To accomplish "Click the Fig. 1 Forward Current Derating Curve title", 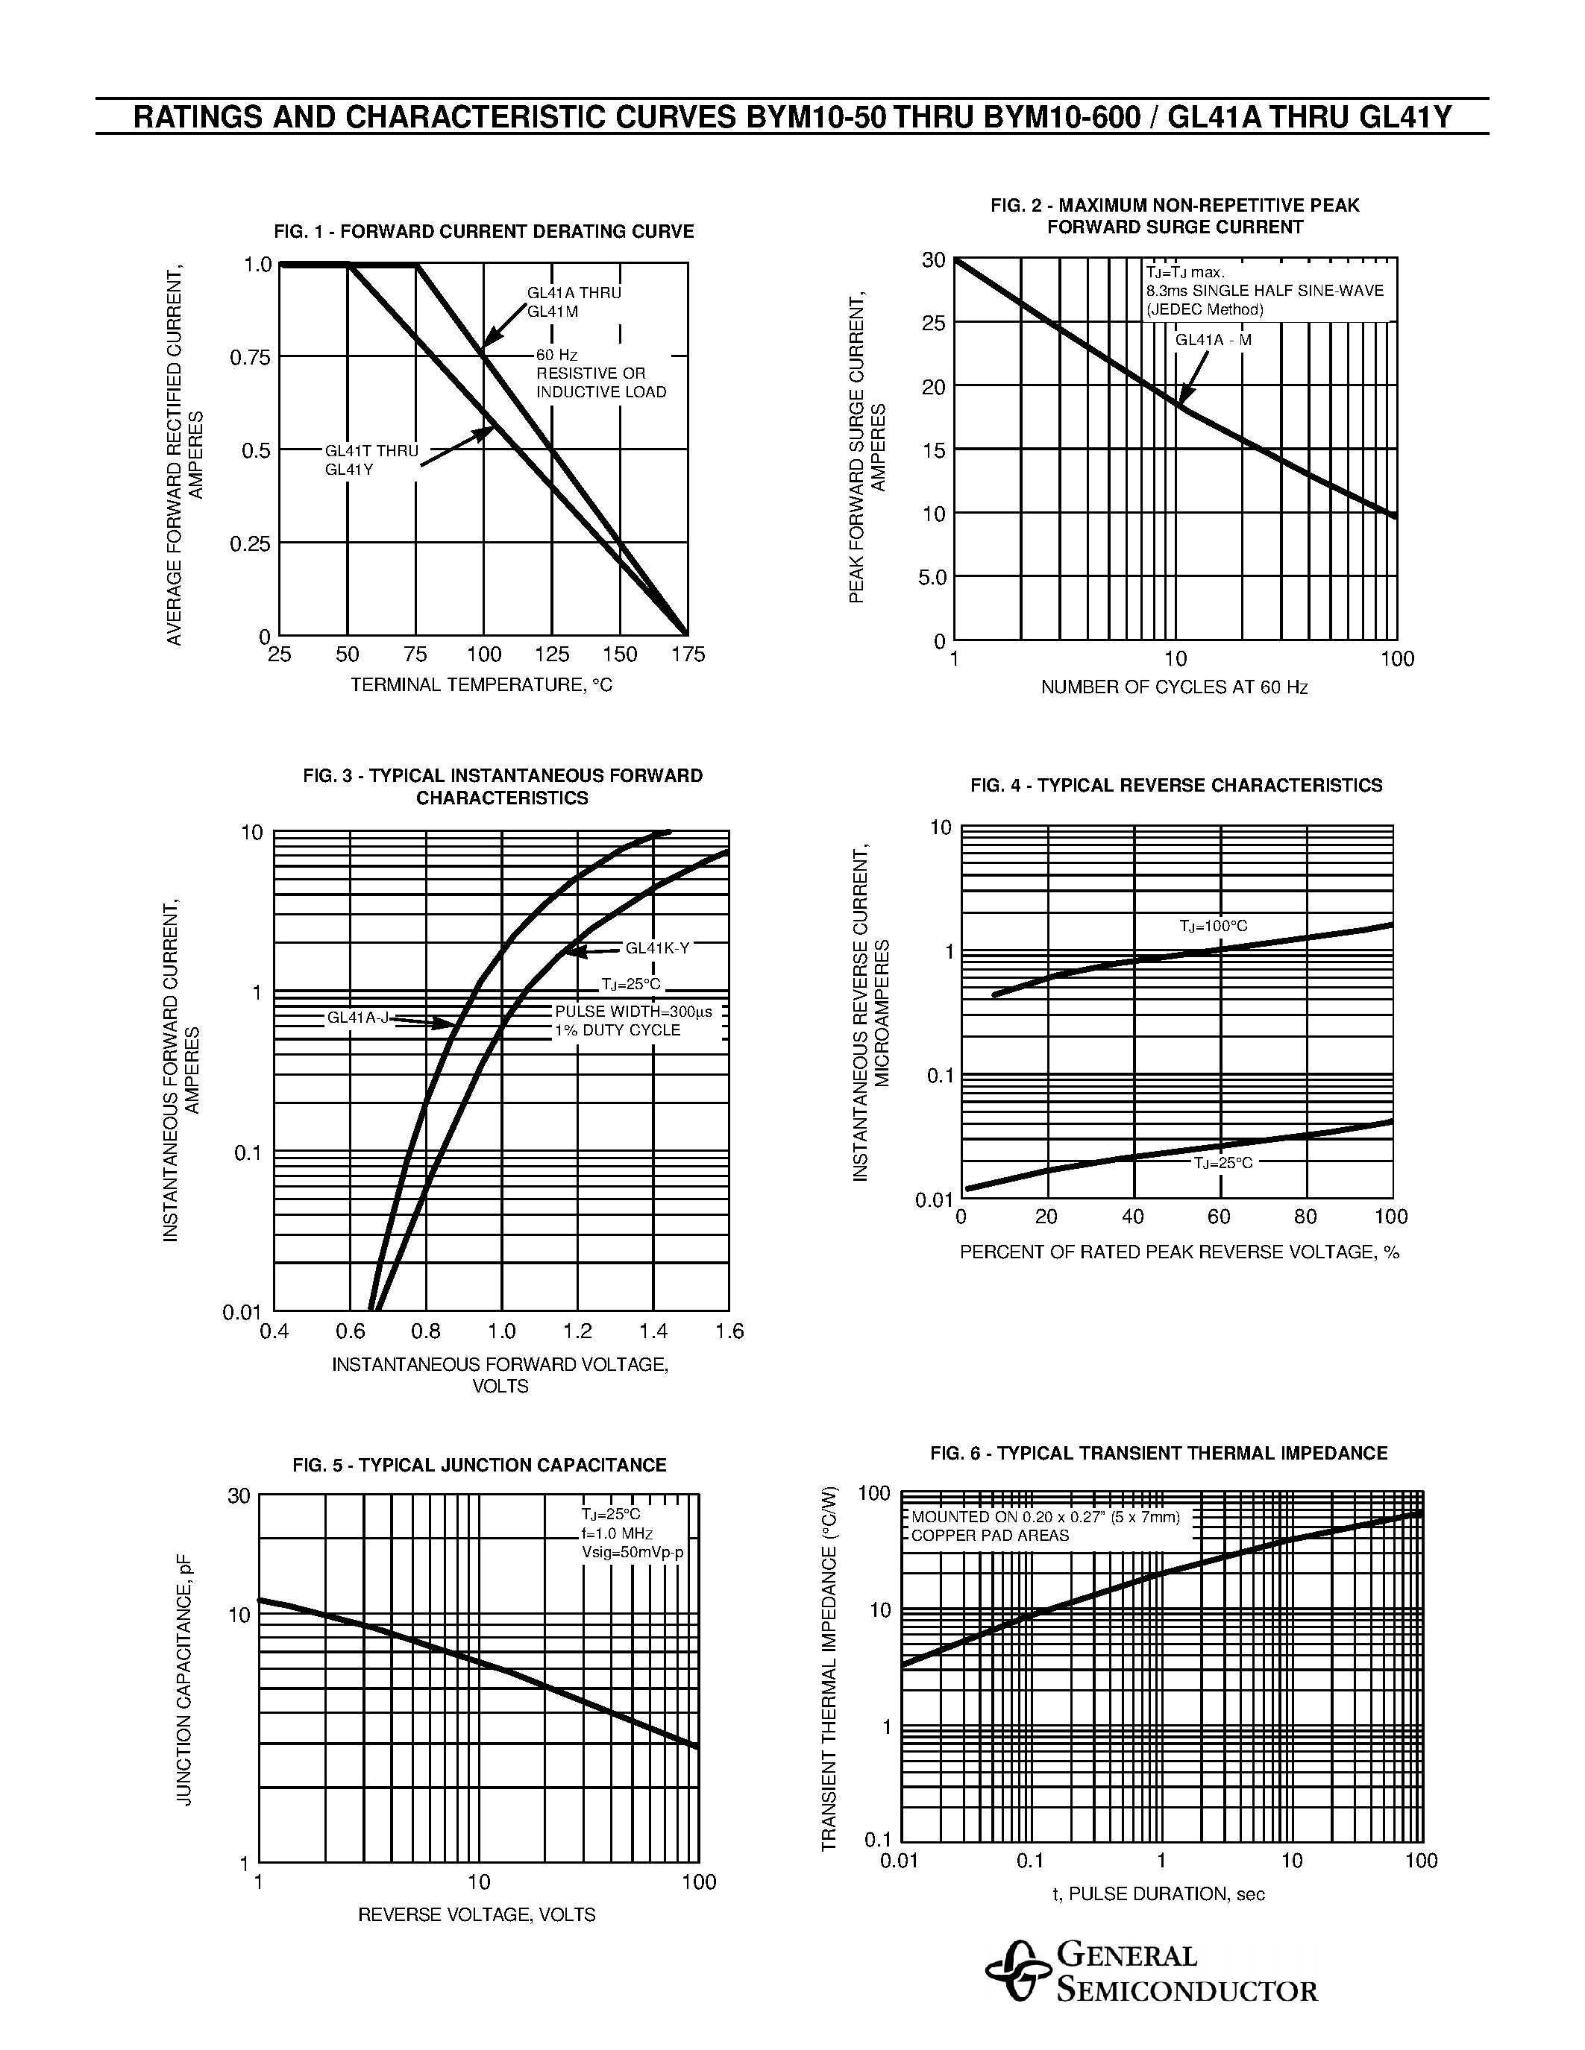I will pos(483,232).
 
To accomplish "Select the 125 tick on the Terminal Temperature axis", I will pos(552,655).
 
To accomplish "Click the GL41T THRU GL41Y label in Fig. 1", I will pos(371,460).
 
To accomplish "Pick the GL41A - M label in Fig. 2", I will pos(1213,341).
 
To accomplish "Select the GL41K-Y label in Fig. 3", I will pos(657,948).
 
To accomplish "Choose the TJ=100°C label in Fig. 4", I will pos(1213,927).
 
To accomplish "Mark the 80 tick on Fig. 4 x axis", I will pos(1305,1217).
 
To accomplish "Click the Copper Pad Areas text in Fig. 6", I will pos(990,1536).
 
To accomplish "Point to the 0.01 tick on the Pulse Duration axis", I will pos(900,1861).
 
